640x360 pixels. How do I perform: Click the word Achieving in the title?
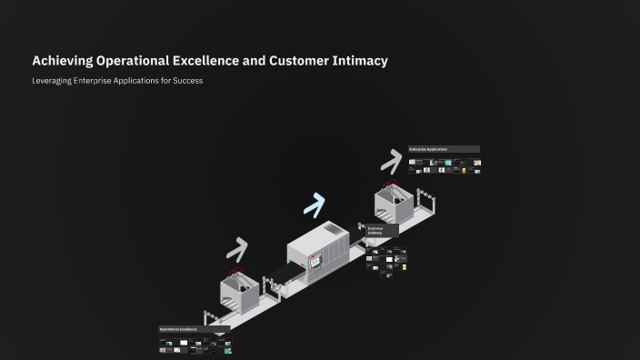point(60,61)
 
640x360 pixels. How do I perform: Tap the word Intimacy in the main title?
point(359,61)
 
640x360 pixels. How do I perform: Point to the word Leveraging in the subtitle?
point(52,81)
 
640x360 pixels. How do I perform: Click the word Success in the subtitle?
point(187,81)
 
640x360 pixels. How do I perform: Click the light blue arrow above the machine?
point(314,205)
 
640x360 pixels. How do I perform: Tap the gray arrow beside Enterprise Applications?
point(391,161)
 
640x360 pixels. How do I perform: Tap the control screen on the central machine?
point(315,261)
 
